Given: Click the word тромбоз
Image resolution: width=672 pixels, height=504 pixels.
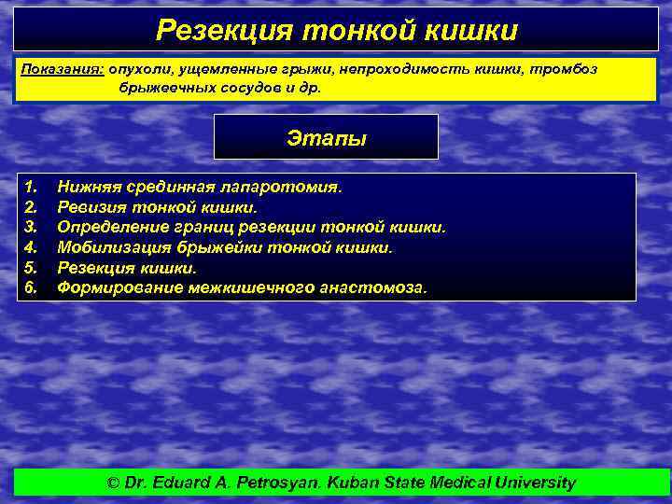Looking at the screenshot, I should pyautogui.click(x=567, y=70).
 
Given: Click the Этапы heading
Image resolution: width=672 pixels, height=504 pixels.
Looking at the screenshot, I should pyautogui.click(x=326, y=138).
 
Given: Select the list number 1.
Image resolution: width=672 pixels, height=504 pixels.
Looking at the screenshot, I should pyautogui.click(x=30, y=187).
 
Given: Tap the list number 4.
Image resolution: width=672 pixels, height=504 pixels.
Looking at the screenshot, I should pyautogui.click(x=30, y=247).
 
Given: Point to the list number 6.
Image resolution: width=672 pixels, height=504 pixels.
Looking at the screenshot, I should pyautogui.click(x=30, y=288).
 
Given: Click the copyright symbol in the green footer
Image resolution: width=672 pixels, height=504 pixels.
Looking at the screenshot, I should pyautogui.click(x=114, y=483).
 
